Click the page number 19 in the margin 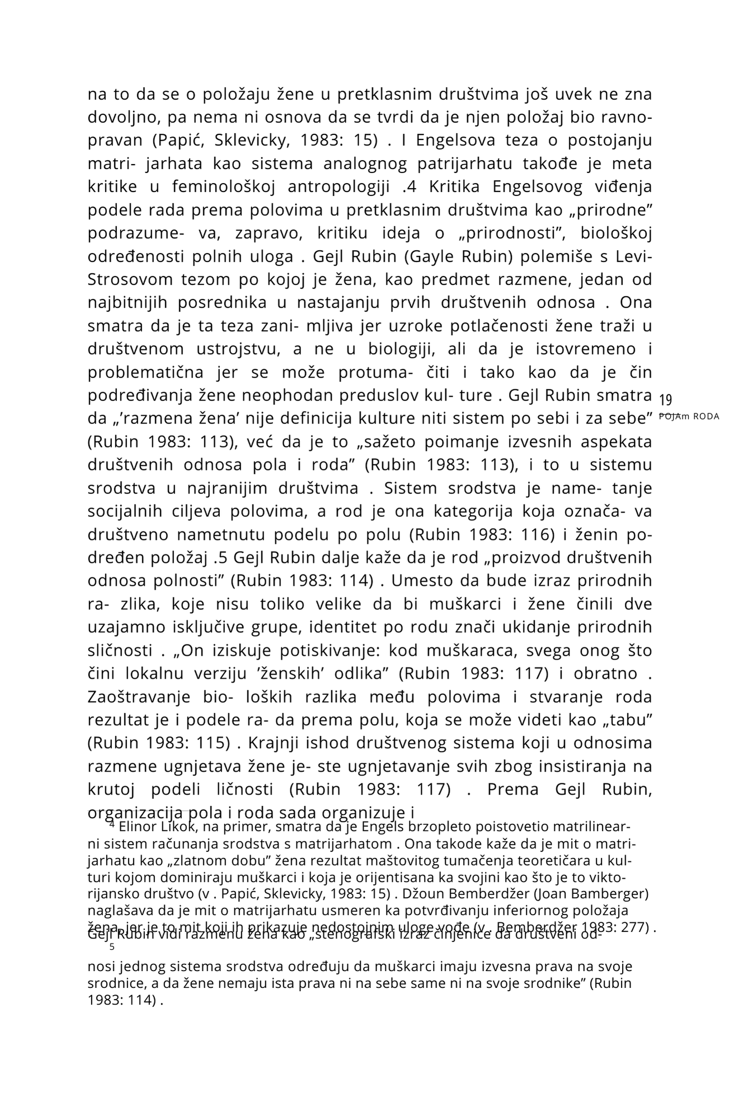pos(665,400)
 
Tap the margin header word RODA pos(706,417)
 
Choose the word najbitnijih pos(128,302)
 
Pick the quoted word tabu pos(632,720)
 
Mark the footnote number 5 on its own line pos(112,948)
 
